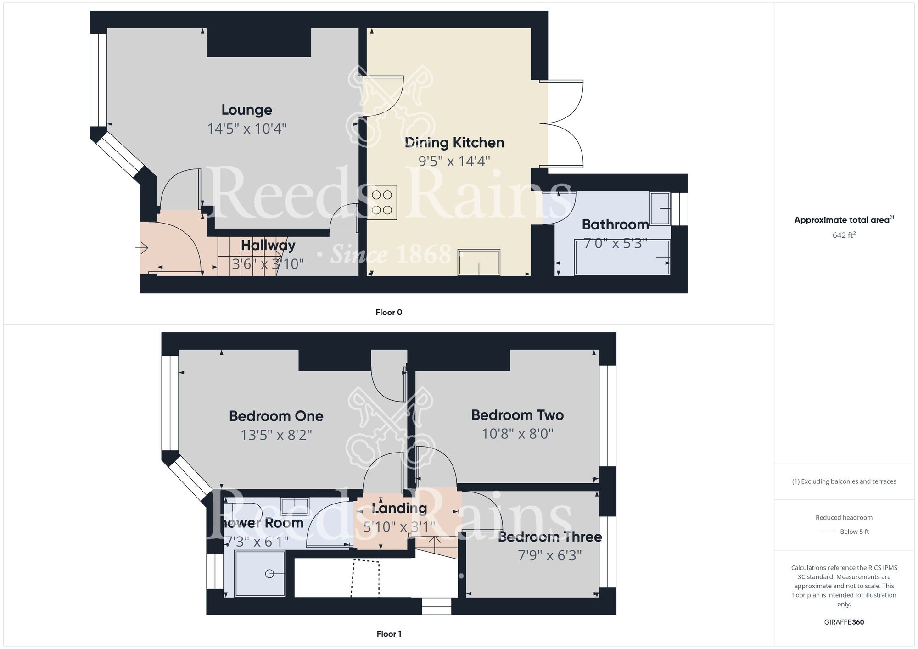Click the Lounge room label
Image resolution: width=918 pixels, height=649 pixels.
[x=246, y=110]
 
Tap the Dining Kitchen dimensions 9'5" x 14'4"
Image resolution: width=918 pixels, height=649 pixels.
[x=454, y=161]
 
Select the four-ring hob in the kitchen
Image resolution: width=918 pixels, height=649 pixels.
[x=382, y=202]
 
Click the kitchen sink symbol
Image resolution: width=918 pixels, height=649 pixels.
[x=479, y=262]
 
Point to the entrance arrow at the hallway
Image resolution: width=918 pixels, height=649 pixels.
[x=141, y=248]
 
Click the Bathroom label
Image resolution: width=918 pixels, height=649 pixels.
[x=615, y=224]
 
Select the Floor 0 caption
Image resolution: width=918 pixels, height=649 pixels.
[x=389, y=313]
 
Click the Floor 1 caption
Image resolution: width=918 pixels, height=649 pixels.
[x=389, y=634]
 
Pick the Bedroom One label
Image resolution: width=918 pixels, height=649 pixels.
[x=276, y=416]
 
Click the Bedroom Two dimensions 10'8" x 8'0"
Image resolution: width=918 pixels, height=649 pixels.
[x=517, y=434]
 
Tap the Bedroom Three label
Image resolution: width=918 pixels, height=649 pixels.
[x=550, y=537]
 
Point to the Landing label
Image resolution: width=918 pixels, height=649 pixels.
[x=399, y=508]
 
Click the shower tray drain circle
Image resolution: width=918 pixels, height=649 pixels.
[x=269, y=574]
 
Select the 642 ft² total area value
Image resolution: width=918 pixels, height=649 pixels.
[x=844, y=235]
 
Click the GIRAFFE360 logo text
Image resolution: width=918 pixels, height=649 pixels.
[x=844, y=622]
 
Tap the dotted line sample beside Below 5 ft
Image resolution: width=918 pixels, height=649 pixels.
[x=827, y=532]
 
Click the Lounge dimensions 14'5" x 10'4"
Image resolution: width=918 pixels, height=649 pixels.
[x=246, y=129]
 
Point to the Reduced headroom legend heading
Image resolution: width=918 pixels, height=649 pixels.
[x=844, y=518]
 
